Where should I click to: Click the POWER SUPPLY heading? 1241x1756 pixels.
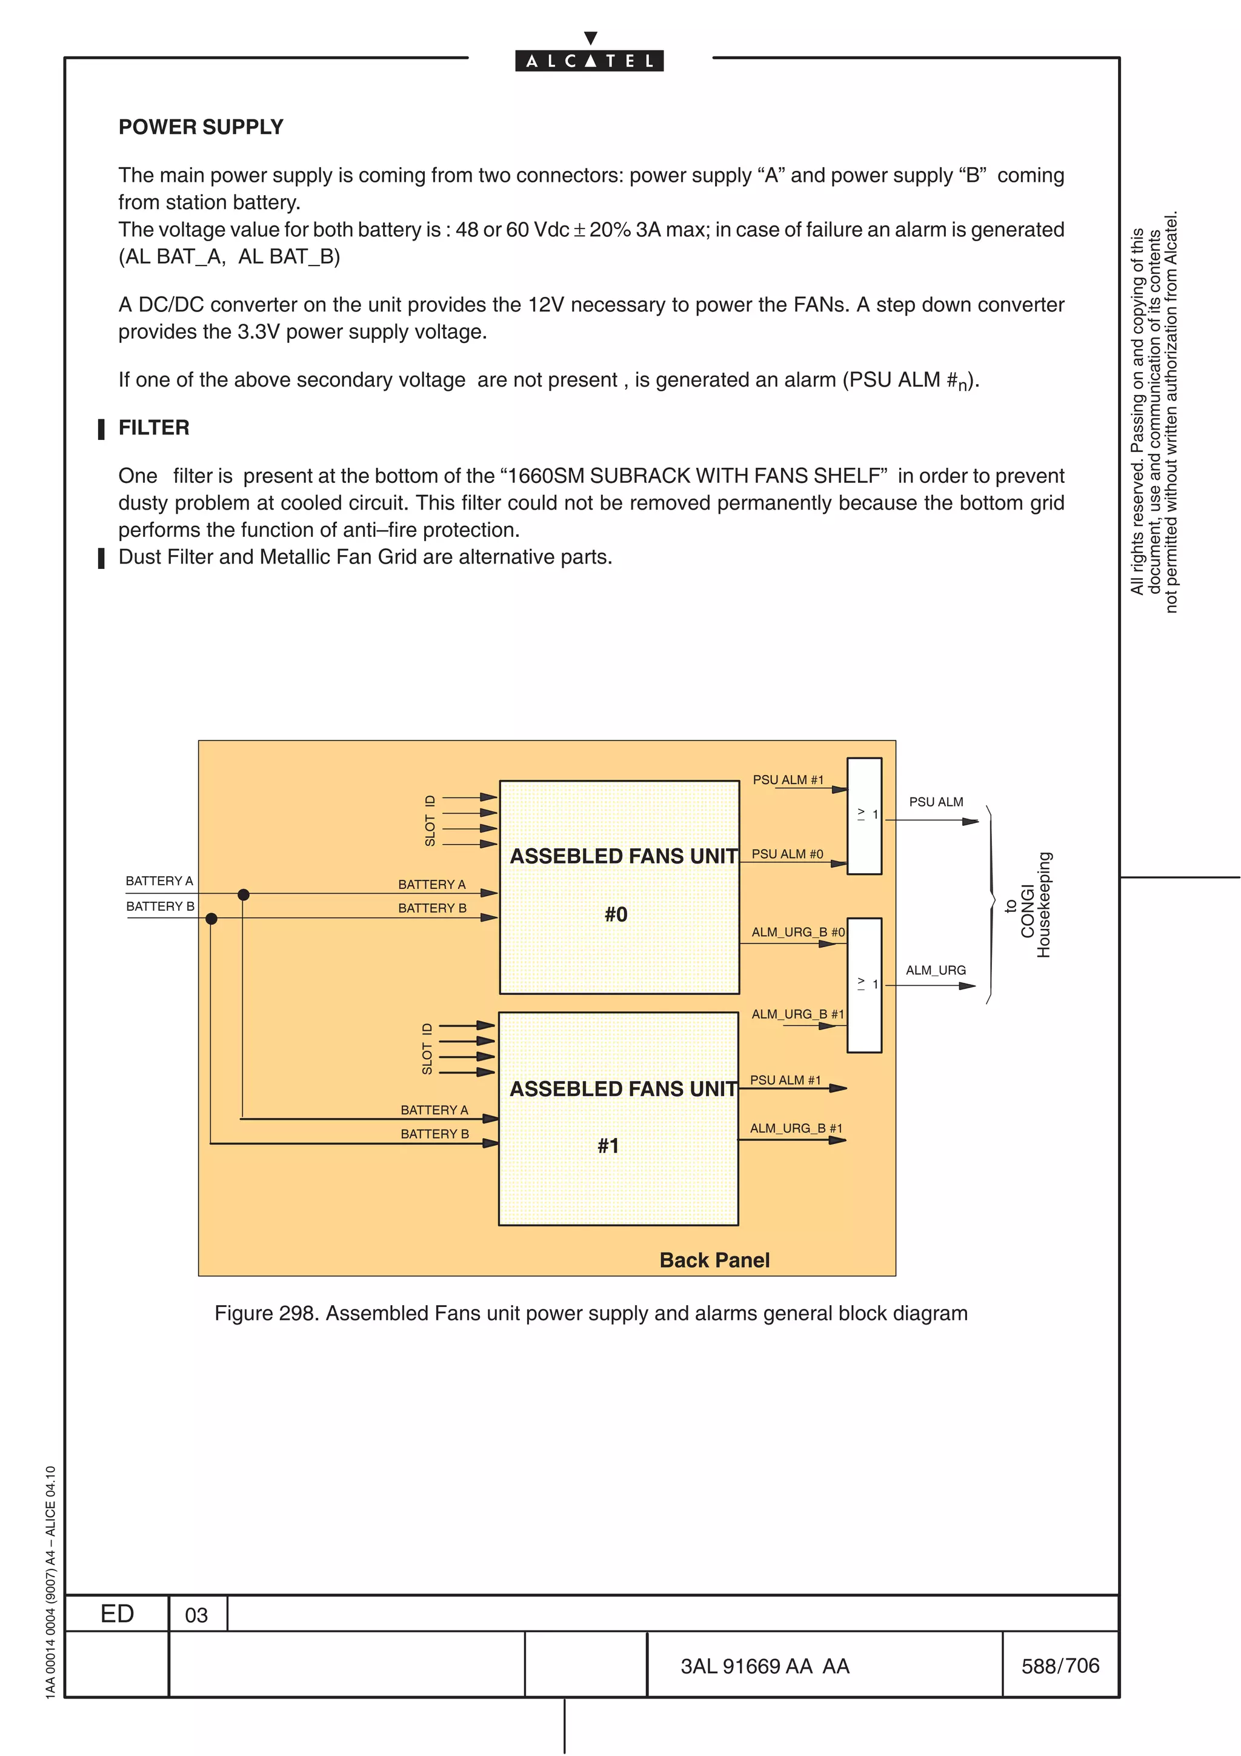201,127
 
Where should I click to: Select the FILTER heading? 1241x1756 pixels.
154,428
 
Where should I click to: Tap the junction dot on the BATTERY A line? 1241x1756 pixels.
243,894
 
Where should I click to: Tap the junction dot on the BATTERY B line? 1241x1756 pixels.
211,919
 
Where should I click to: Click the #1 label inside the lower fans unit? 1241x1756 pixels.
608,1146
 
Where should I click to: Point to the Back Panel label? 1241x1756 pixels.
714,1260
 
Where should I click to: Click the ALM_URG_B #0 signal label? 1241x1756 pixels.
797,931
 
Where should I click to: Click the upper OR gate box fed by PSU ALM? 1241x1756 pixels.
864,816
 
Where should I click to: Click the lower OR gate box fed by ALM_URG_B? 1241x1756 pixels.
864,985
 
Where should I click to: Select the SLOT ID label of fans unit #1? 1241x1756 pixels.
427,1048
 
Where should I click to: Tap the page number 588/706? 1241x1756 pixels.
1060,1666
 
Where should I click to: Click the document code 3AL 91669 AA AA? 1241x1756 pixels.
765,1666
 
